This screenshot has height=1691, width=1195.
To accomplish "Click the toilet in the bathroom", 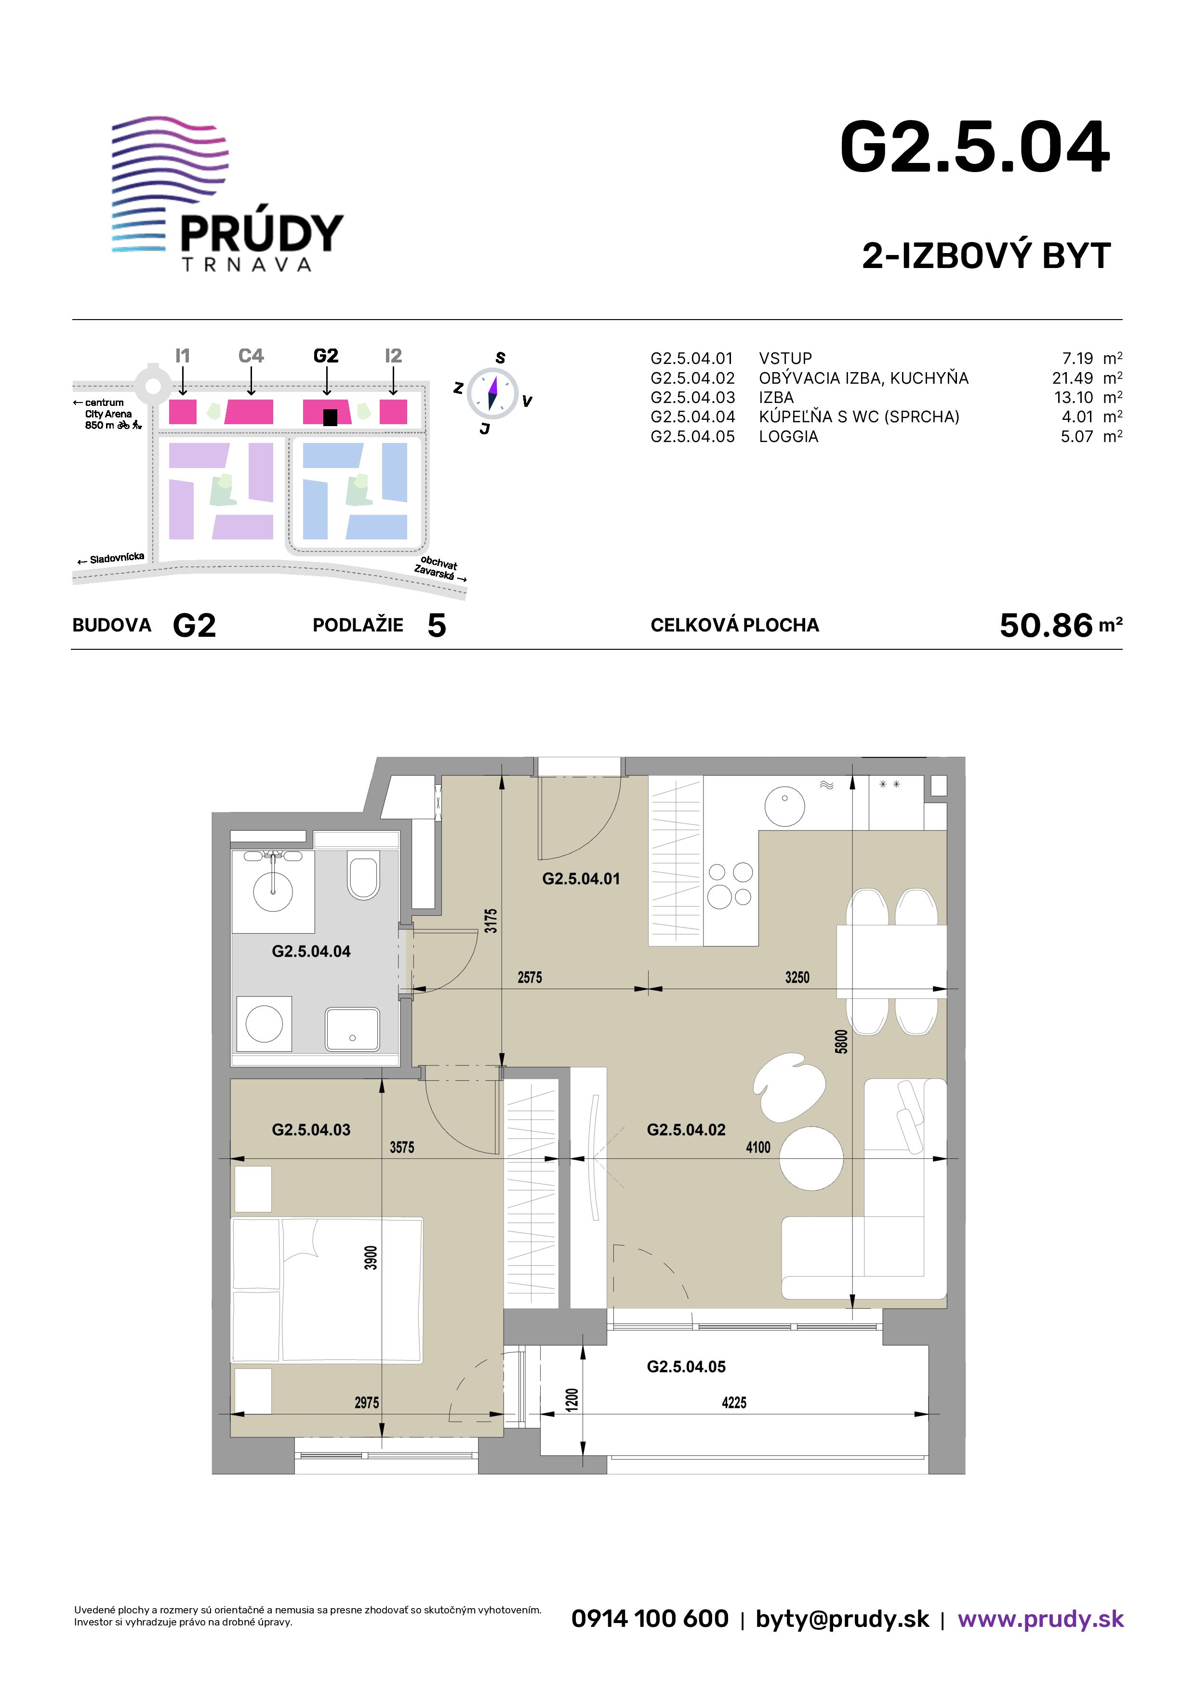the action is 363,875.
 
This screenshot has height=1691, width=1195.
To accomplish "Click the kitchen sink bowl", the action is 785,805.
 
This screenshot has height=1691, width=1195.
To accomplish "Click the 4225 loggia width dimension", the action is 734,1402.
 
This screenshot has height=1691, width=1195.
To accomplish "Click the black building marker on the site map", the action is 330,417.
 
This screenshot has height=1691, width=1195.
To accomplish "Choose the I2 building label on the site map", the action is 393,356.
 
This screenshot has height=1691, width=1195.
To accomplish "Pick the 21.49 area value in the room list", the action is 1072,378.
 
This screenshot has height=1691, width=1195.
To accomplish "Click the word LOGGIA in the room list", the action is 789,437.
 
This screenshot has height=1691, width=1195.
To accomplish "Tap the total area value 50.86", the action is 1046,625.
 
